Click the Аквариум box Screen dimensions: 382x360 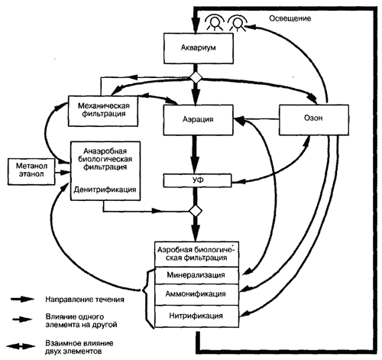pyautogui.click(x=199, y=48)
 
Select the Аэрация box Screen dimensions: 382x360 pyautogui.click(x=198, y=120)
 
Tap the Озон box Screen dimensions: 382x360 pyautogui.click(x=314, y=119)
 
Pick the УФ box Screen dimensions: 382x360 pyautogui.click(x=197, y=180)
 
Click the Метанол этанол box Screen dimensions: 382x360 pyautogui.click(x=31, y=171)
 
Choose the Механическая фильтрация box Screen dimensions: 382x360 pyautogui.click(x=103, y=111)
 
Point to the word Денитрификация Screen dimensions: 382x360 pyautogui.click(x=105, y=190)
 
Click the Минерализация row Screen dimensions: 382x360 pyautogui.click(x=196, y=276)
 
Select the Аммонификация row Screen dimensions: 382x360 pyautogui.click(x=196, y=294)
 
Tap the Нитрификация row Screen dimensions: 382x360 pyautogui.click(x=196, y=316)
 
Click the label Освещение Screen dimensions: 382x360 pyautogui.click(x=290, y=18)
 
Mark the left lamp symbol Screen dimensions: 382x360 pyautogui.click(x=215, y=22)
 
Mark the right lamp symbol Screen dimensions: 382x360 pyautogui.click(x=238, y=22)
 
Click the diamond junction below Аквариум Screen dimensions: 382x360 pyautogui.click(x=196, y=78)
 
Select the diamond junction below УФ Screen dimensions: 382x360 pyautogui.click(x=196, y=211)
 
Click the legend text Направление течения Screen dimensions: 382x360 pyautogui.click(x=85, y=300)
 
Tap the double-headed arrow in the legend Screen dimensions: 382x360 pyautogui.click(x=21, y=346)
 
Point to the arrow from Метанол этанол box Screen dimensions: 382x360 pyautogui.click(x=63, y=173)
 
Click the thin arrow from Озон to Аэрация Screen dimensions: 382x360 pyautogui.click(x=256, y=118)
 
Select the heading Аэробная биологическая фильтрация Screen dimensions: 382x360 pyautogui.click(x=196, y=254)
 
